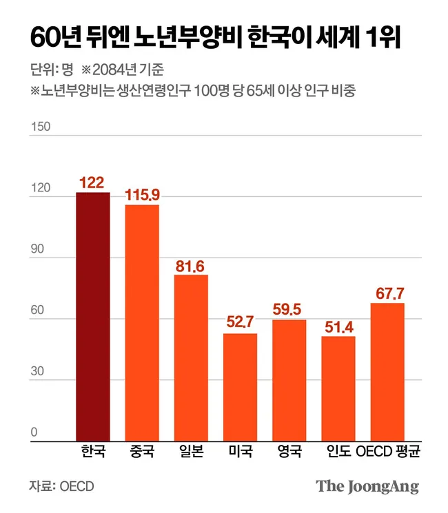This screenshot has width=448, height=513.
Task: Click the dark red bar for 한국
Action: (x=92, y=316)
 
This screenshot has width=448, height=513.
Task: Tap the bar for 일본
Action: (x=191, y=357)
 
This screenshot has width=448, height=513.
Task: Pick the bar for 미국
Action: (x=240, y=386)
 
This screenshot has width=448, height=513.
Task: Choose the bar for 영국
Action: (x=289, y=379)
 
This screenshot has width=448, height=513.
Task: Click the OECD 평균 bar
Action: (x=387, y=371)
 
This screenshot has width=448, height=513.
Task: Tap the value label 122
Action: (x=92, y=182)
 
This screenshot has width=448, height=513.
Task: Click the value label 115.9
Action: (x=142, y=196)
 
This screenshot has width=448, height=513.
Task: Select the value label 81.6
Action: (x=191, y=266)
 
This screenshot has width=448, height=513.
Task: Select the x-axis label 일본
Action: (x=191, y=452)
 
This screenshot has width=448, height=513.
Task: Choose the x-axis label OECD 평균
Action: (x=387, y=452)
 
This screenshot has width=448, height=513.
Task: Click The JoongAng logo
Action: (x=367, y=486)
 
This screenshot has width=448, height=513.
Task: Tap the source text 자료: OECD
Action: (x=61, y=486)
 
